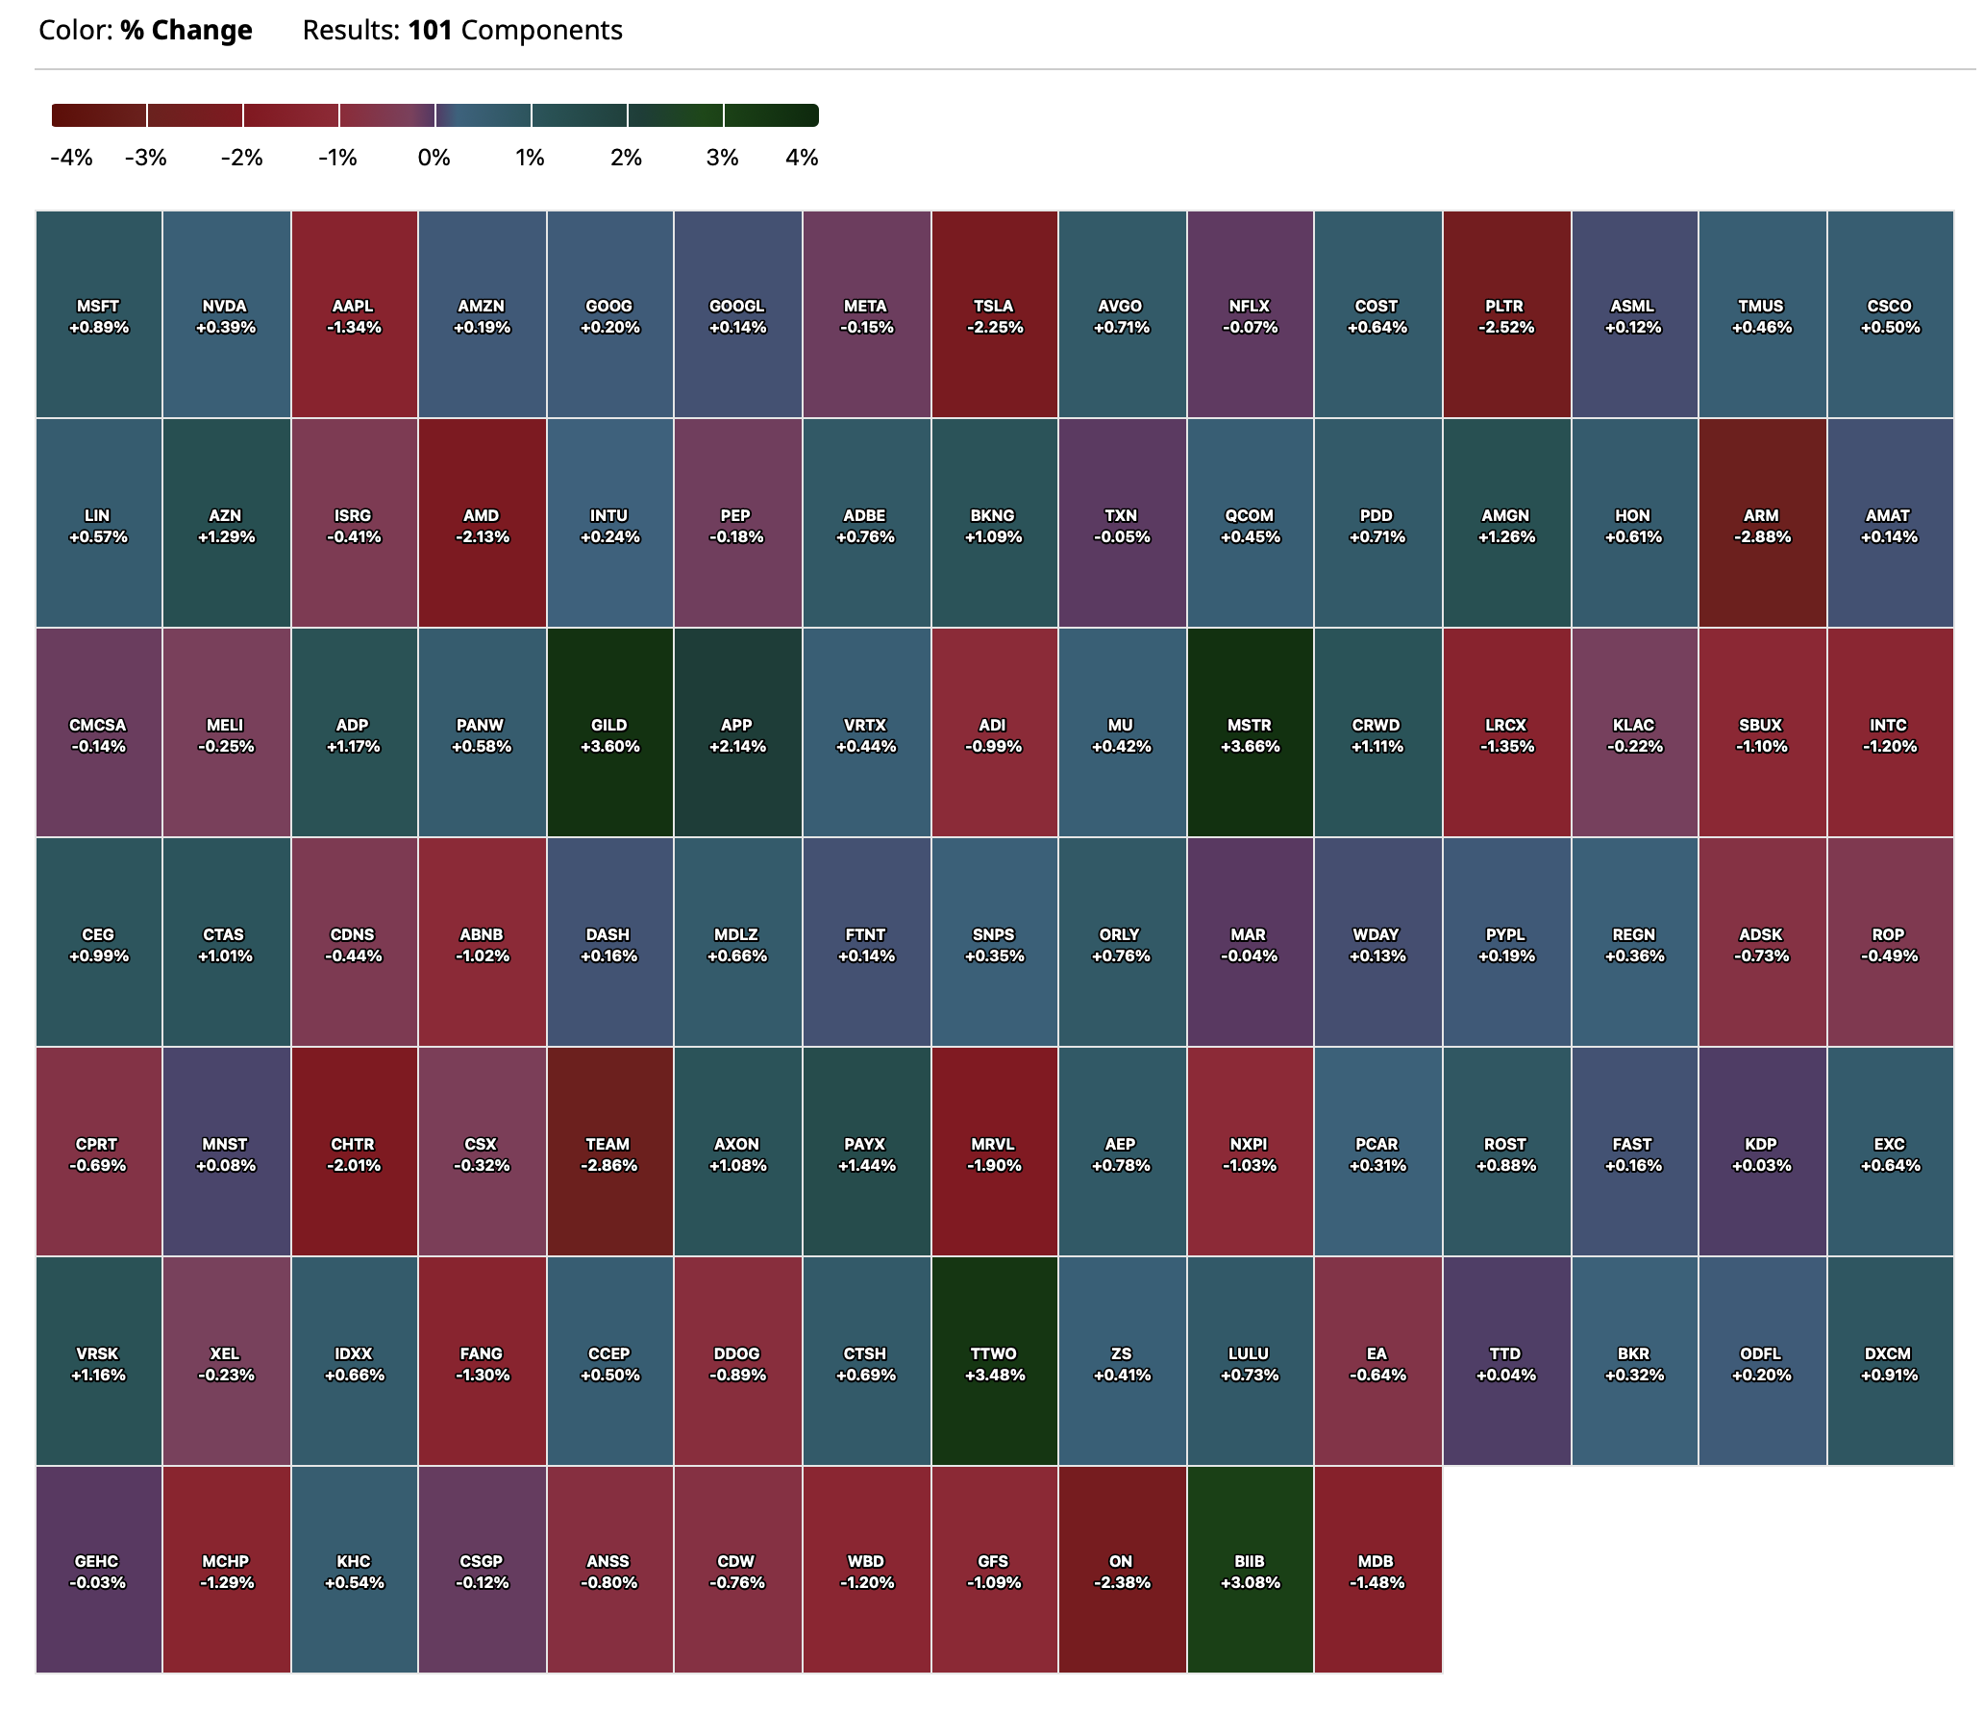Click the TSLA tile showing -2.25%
click(x=994, y=315)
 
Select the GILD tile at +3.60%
click(x=609, y=734)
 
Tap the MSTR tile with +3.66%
click(x=1250, y=734)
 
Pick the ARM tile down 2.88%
click(x=1761, y=525)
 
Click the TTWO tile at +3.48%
click(x=994, y=1363)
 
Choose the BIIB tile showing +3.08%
click(x=1250, y=1571)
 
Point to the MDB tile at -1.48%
click(x=1376, y=1571)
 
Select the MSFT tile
click(x=98, y=315)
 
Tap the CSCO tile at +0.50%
click(x=1890, y=315)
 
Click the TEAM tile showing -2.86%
click(x=608, y=1153)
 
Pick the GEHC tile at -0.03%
click(x=98, y=1571)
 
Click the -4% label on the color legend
click(x=71, y=158)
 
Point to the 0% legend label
click(x=434, y=158)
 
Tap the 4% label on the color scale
click(x=802, y=158)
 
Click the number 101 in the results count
click(x=430, y=31)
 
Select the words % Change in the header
click(x=186, y=31)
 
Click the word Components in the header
click(x=541, y=31)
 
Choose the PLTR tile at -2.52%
click(x=1505, y=315)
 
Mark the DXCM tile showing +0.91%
click(x=1890, y=1363)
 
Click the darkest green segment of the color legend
click(x=771, y=115)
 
